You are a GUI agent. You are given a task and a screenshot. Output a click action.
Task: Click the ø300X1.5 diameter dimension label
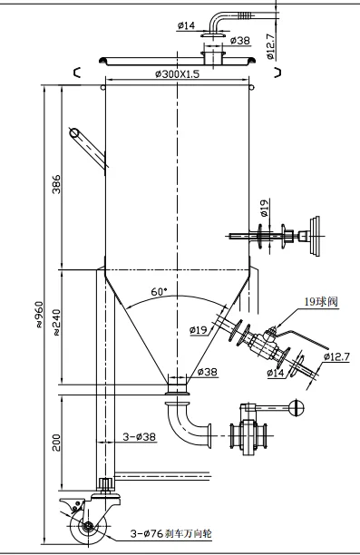click(x=178, y=74)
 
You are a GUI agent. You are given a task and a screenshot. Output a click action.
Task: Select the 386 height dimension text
click(x=56, y=184)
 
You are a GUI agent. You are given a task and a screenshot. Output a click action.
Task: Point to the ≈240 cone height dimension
click(x=56, y=323)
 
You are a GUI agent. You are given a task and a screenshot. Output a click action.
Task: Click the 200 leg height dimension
click(x=56, y=442)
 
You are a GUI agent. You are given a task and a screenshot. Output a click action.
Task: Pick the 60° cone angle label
click(x=159, y=292)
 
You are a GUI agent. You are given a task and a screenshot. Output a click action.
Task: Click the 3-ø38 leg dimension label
click(x=139, y=436)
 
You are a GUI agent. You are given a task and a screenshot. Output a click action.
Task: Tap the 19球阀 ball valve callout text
click(x=321, y=301)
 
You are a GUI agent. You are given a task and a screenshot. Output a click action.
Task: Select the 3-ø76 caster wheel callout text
click(x=171, y=533)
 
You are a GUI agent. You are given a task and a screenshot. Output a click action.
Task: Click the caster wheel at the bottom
click(x=86, y=526)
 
